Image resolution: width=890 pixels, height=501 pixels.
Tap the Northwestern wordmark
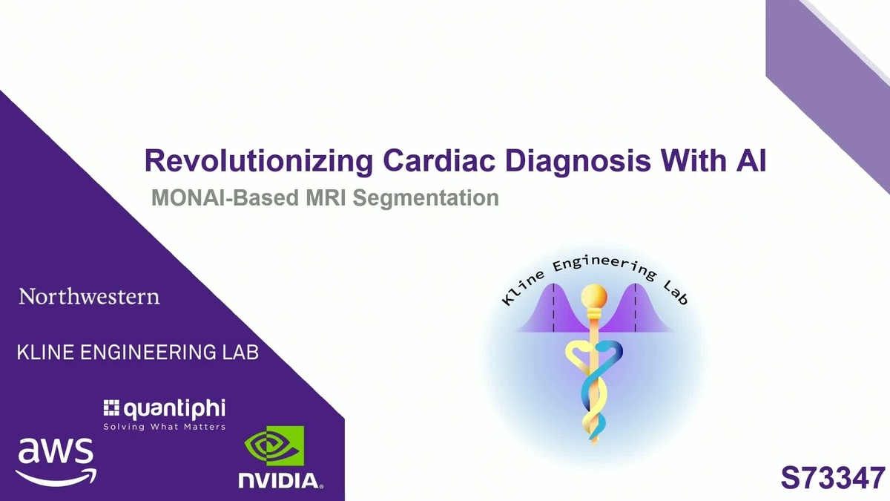[x=89, y=297]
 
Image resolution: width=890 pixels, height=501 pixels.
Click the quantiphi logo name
[x=174, y=408]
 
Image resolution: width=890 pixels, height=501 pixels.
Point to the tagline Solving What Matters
[x=164, y=427]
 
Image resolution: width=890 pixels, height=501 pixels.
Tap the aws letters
[x=55, y=451]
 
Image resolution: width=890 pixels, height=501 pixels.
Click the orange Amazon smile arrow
[x=56, y=474]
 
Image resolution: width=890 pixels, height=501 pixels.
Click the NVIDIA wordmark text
[x=280, y=480]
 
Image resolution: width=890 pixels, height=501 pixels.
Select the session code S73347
[x=832, y=477]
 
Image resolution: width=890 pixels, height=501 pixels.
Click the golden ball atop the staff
[x=593, y=296]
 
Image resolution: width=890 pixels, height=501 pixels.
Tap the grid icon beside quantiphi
[x=111, y=407]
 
